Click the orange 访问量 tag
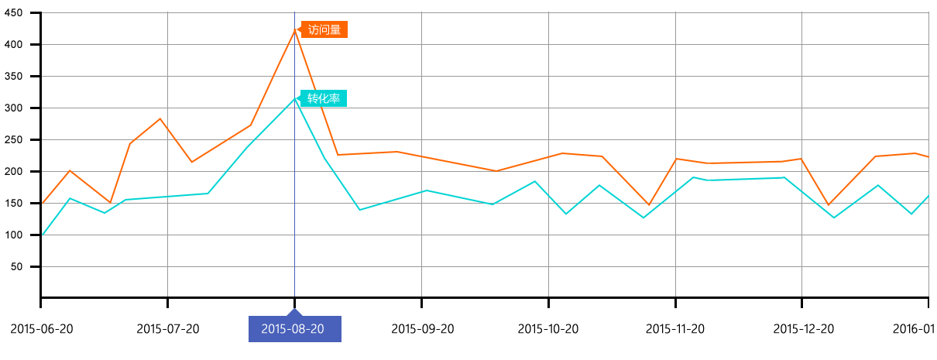pos(324,30)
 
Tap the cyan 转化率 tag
pos(324,98)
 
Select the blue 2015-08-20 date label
pos(293,329)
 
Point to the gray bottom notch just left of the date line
pos(167,290)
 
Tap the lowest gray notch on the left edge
pos(48,266)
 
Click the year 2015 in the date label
pos(273,329)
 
